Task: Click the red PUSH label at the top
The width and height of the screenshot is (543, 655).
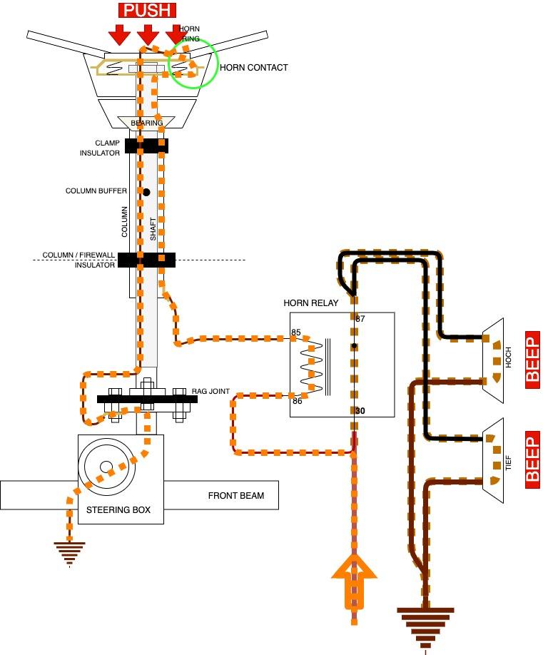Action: coord(148,10)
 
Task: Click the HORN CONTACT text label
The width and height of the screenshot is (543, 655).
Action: coord(253,68)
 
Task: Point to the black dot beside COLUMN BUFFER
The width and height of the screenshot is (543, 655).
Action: coord(146,192)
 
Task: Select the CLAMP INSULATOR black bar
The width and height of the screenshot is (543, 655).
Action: coord(146,146)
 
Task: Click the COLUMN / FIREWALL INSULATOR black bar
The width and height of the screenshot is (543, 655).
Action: coord(146,260)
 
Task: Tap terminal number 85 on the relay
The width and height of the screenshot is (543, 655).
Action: coord(296,332)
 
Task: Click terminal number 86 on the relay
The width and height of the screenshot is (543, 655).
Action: coord(297,401)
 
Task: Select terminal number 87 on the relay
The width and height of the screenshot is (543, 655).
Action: coord(360,319)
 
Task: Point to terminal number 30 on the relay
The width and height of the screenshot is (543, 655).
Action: coord(360,410)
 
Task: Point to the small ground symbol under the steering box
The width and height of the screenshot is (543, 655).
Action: coord(69,553)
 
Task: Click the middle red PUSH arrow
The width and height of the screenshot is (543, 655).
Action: coord(148,34)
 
